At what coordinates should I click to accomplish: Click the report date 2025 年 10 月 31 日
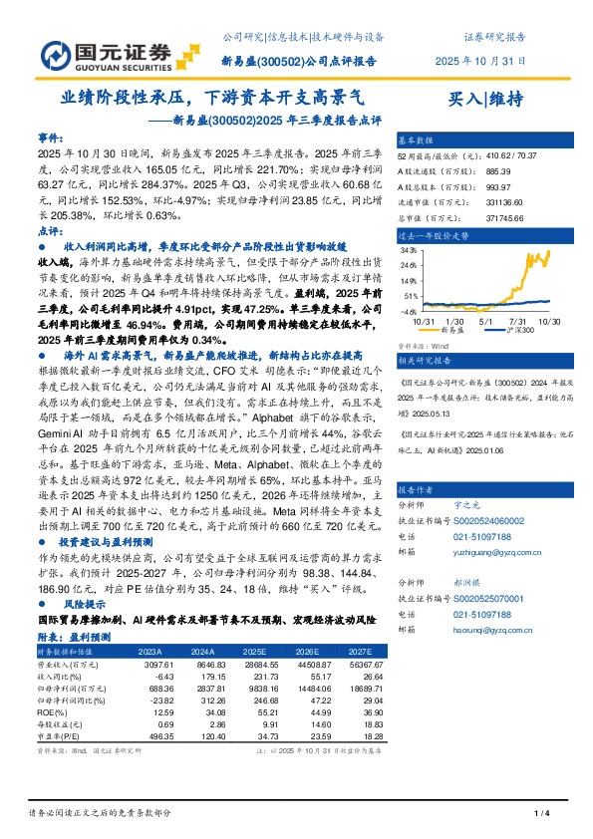[480, 61]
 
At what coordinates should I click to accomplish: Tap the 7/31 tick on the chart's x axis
[515, 320]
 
